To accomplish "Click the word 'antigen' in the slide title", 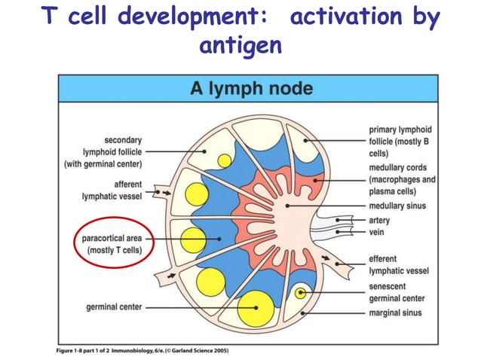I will (x=240, y=46).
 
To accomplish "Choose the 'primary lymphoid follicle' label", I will (x=401, y=141).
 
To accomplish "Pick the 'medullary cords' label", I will (x=402, y=179).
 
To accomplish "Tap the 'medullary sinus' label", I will (x=397, y=206).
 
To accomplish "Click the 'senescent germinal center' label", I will (x=397, y=293).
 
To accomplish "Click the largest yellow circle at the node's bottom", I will (x=255, y=307).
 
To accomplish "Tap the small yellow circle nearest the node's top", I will (x=224, y=160).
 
